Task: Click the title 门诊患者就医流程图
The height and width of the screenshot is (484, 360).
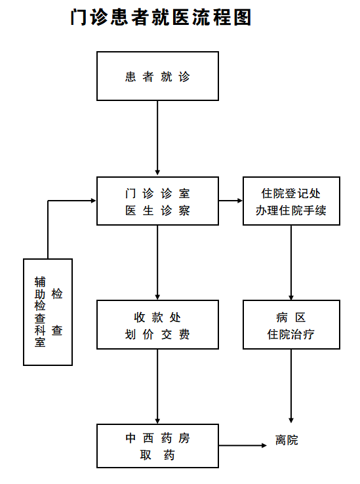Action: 161,17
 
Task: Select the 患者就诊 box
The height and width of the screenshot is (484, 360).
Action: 157,76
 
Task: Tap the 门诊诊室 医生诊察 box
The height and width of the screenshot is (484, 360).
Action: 157,201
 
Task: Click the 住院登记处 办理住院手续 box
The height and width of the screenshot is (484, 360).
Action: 291,201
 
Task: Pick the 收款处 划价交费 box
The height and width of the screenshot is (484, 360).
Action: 157,325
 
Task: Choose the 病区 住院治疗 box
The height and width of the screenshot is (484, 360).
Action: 291,325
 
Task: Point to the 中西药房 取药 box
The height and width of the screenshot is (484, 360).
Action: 157,446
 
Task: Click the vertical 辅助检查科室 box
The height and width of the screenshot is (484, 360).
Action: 48,312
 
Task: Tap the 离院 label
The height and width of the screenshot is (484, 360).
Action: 287,440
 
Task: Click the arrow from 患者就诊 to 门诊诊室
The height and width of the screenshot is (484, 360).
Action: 157,138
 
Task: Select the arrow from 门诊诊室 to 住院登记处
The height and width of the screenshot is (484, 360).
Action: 231,201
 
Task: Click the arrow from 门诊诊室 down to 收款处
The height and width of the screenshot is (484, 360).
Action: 157,263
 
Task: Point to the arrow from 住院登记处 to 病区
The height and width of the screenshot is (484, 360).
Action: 291,263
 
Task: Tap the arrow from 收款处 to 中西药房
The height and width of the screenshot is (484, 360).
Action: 157,386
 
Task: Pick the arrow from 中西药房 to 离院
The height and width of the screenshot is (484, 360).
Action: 243,445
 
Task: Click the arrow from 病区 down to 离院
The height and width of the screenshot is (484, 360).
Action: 291,386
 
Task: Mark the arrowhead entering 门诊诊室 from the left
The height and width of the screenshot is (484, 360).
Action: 94,201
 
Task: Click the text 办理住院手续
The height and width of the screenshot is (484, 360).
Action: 291,211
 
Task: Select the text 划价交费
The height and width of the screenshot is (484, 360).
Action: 157,334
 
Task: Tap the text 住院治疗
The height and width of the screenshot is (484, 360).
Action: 291,334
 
